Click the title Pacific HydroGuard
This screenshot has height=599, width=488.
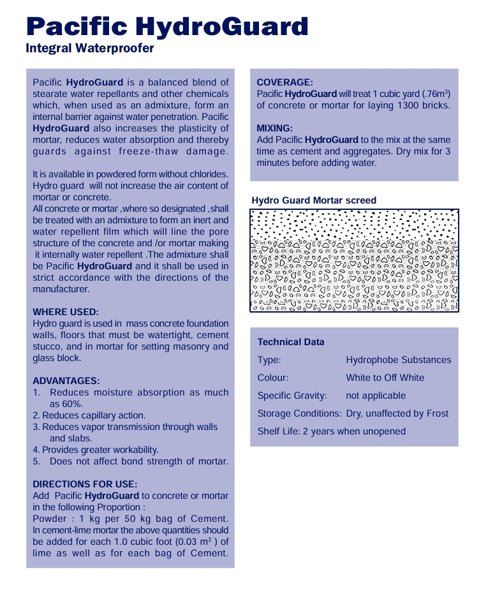[167, 27]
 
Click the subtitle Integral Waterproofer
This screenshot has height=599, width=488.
[89, 48]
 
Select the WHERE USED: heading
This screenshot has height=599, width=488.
[66, 313]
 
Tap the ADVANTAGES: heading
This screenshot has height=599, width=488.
[66, 381]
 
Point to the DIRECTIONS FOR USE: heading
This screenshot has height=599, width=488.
[85, 484]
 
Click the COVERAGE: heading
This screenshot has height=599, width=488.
[285, 82]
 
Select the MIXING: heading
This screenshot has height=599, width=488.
[274, 128]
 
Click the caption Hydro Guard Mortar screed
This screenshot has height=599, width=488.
[314, 200]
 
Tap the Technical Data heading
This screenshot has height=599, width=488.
[291, 342]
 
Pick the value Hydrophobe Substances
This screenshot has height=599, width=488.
[398, 360]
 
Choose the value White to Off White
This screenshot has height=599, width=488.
[385, 378]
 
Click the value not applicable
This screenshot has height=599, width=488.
[376, 396]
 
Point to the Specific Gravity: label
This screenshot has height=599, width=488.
[292, 396]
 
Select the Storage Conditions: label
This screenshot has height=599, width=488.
[299, 413]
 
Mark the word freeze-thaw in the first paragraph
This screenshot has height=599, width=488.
[143, 151]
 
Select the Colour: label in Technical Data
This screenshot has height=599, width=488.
[273, 378]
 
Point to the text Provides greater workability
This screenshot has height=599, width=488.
[101, 450]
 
